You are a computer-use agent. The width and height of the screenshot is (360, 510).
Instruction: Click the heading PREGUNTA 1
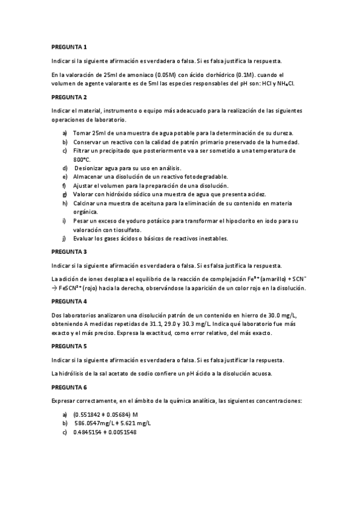pyautogui.click(x=69, y=47)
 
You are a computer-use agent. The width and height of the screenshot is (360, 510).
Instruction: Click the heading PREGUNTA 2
pyautogui.click(x=69, y=97)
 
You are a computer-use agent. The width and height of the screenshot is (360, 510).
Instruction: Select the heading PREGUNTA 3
pyautogui.click(x=69, y=251)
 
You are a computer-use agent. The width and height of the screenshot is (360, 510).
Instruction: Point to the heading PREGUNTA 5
pyautogui.click(x=69, y=346)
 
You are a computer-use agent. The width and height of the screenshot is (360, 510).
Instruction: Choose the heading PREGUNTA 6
pyautogui.click(x=69, y=387)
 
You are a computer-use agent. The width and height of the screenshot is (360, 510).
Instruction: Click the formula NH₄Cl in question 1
pyautogui.click(x=285, y=84)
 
